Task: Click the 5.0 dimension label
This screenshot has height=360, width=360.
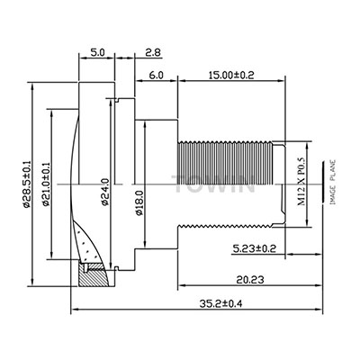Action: [96, 53]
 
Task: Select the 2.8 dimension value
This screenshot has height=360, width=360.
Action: [153, 53]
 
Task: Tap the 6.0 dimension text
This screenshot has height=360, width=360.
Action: [157, 75]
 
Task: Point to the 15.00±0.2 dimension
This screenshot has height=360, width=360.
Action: [231, 75]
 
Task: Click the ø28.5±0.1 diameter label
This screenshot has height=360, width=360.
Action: [26, 184]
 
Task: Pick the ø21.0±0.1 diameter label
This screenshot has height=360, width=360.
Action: [46, 184]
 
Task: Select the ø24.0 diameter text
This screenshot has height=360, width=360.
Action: [104, 192]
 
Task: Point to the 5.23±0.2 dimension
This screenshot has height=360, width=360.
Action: [255, 248]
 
